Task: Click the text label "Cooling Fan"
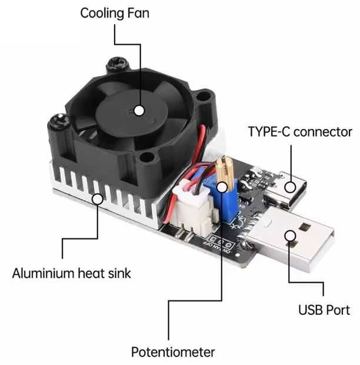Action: click(x=115, y=12)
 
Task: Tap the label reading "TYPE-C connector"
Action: click(x=300, y=131)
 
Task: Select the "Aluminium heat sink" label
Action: click(x=71, y=273)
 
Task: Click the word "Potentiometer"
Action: click(x=172, y=352)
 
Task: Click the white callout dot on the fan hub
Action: click(x=139, y=109)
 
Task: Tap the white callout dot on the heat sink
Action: click(x=98, y=199)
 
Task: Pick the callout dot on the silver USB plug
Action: click(x=289, y=235)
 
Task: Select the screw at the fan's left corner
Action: click(x=59, y=122)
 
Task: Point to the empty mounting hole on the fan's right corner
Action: click(x=206, y=98)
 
